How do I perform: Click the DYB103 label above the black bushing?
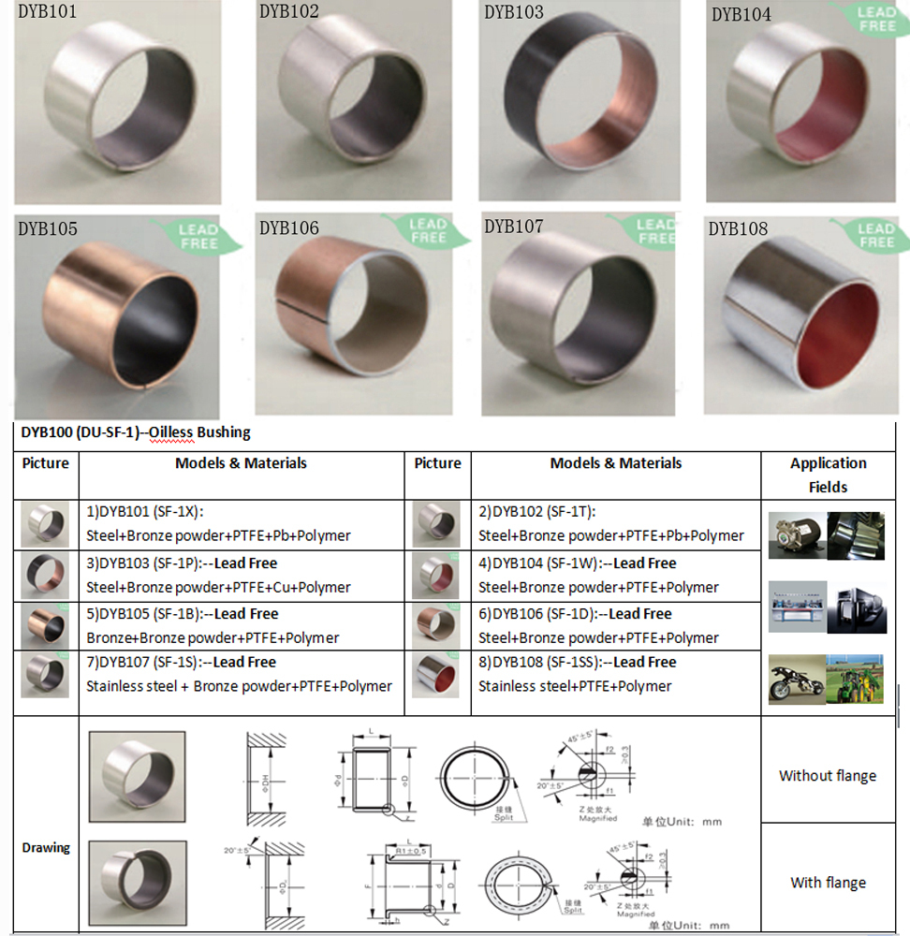point(514,13)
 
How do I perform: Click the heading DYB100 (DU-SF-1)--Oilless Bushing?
point(136,432)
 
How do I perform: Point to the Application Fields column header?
point(828,475)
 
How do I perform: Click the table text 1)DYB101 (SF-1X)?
point(144,512)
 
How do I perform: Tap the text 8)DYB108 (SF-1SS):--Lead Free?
point(577,663)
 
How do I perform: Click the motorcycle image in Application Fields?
point(796,678)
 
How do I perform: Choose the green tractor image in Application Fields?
point(854,678)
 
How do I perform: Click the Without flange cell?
point(828,775)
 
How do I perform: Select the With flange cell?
point(828,883)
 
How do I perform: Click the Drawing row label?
point(46,848)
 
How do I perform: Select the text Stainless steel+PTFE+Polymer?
point(575,686)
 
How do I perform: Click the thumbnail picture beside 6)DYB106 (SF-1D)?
point(436,624)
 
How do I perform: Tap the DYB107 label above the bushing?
point(514,227)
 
